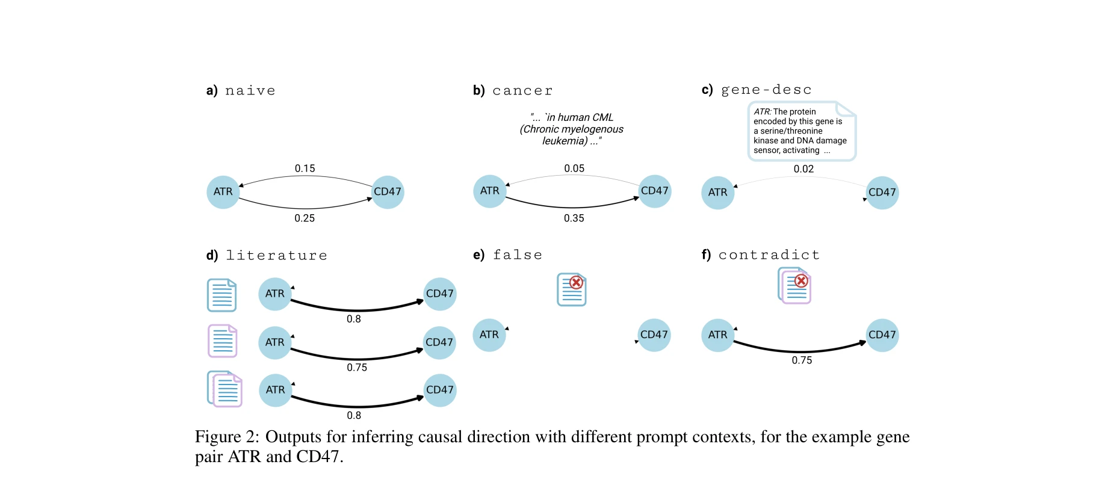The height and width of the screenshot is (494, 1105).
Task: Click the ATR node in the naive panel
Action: (223, 192)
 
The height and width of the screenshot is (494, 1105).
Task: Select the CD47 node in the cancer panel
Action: (654, 191)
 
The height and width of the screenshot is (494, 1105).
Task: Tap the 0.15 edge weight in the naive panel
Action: (305, 168)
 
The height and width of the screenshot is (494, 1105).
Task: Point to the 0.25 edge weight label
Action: (305, 218)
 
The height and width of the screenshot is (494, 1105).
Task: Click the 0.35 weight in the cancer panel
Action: (574, 218)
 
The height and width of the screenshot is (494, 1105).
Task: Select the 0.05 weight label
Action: (574, 168)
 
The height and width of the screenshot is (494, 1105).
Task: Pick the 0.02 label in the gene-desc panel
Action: (803, 169)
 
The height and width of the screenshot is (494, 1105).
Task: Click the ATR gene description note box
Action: (800, 131)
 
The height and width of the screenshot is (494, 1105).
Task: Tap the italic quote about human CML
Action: (571, 129)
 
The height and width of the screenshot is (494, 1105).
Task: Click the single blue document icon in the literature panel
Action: (221, 295)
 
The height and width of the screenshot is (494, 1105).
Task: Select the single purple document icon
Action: (222, 341)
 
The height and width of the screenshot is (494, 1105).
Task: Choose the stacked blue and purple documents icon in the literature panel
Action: (224, 389)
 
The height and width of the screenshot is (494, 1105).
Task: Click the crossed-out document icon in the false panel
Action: (571, 289)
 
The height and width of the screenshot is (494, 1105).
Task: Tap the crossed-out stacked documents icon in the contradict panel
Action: (794, 286)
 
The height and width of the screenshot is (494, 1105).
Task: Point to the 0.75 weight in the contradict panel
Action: (801, 360)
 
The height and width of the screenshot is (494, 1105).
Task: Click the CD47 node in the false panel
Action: (654, 335)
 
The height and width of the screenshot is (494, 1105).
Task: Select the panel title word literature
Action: (276, 255)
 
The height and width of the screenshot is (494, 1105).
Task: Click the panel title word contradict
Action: (769, 255)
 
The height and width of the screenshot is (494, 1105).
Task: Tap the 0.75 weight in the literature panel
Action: (356, 368)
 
